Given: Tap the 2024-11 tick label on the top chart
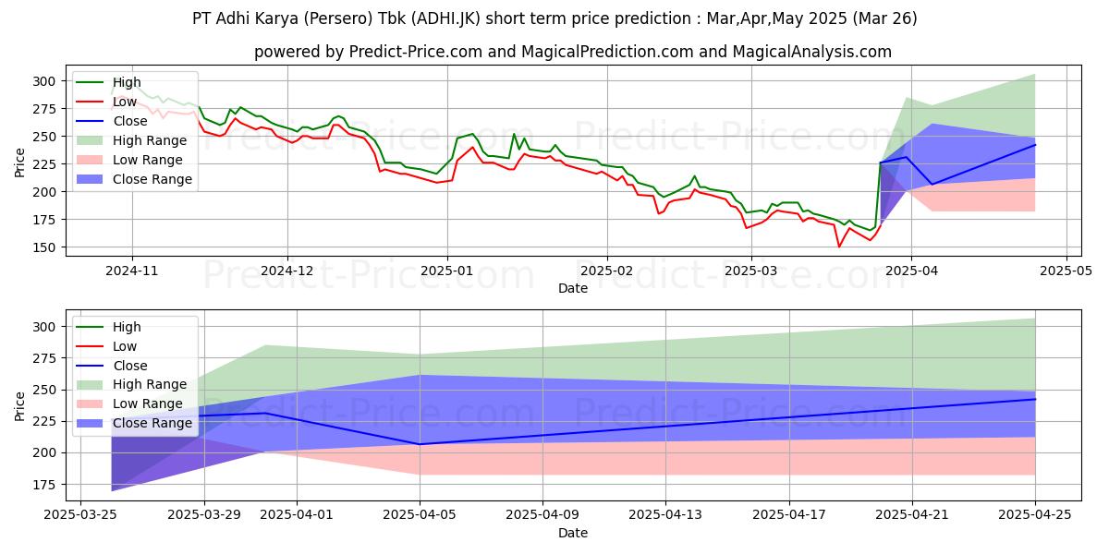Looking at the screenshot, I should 131,271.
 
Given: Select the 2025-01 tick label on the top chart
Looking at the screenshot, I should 447,271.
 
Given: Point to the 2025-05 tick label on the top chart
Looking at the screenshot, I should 1066,271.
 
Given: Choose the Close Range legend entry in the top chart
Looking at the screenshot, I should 152,179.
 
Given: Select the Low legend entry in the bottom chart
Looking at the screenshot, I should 124,346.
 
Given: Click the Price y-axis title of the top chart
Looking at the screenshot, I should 20,162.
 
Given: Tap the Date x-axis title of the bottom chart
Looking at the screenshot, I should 573,534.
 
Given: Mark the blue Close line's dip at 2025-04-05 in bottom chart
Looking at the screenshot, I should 420,444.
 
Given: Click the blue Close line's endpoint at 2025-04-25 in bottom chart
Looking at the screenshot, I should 1035,399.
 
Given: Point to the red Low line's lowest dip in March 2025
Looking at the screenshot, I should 839,247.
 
